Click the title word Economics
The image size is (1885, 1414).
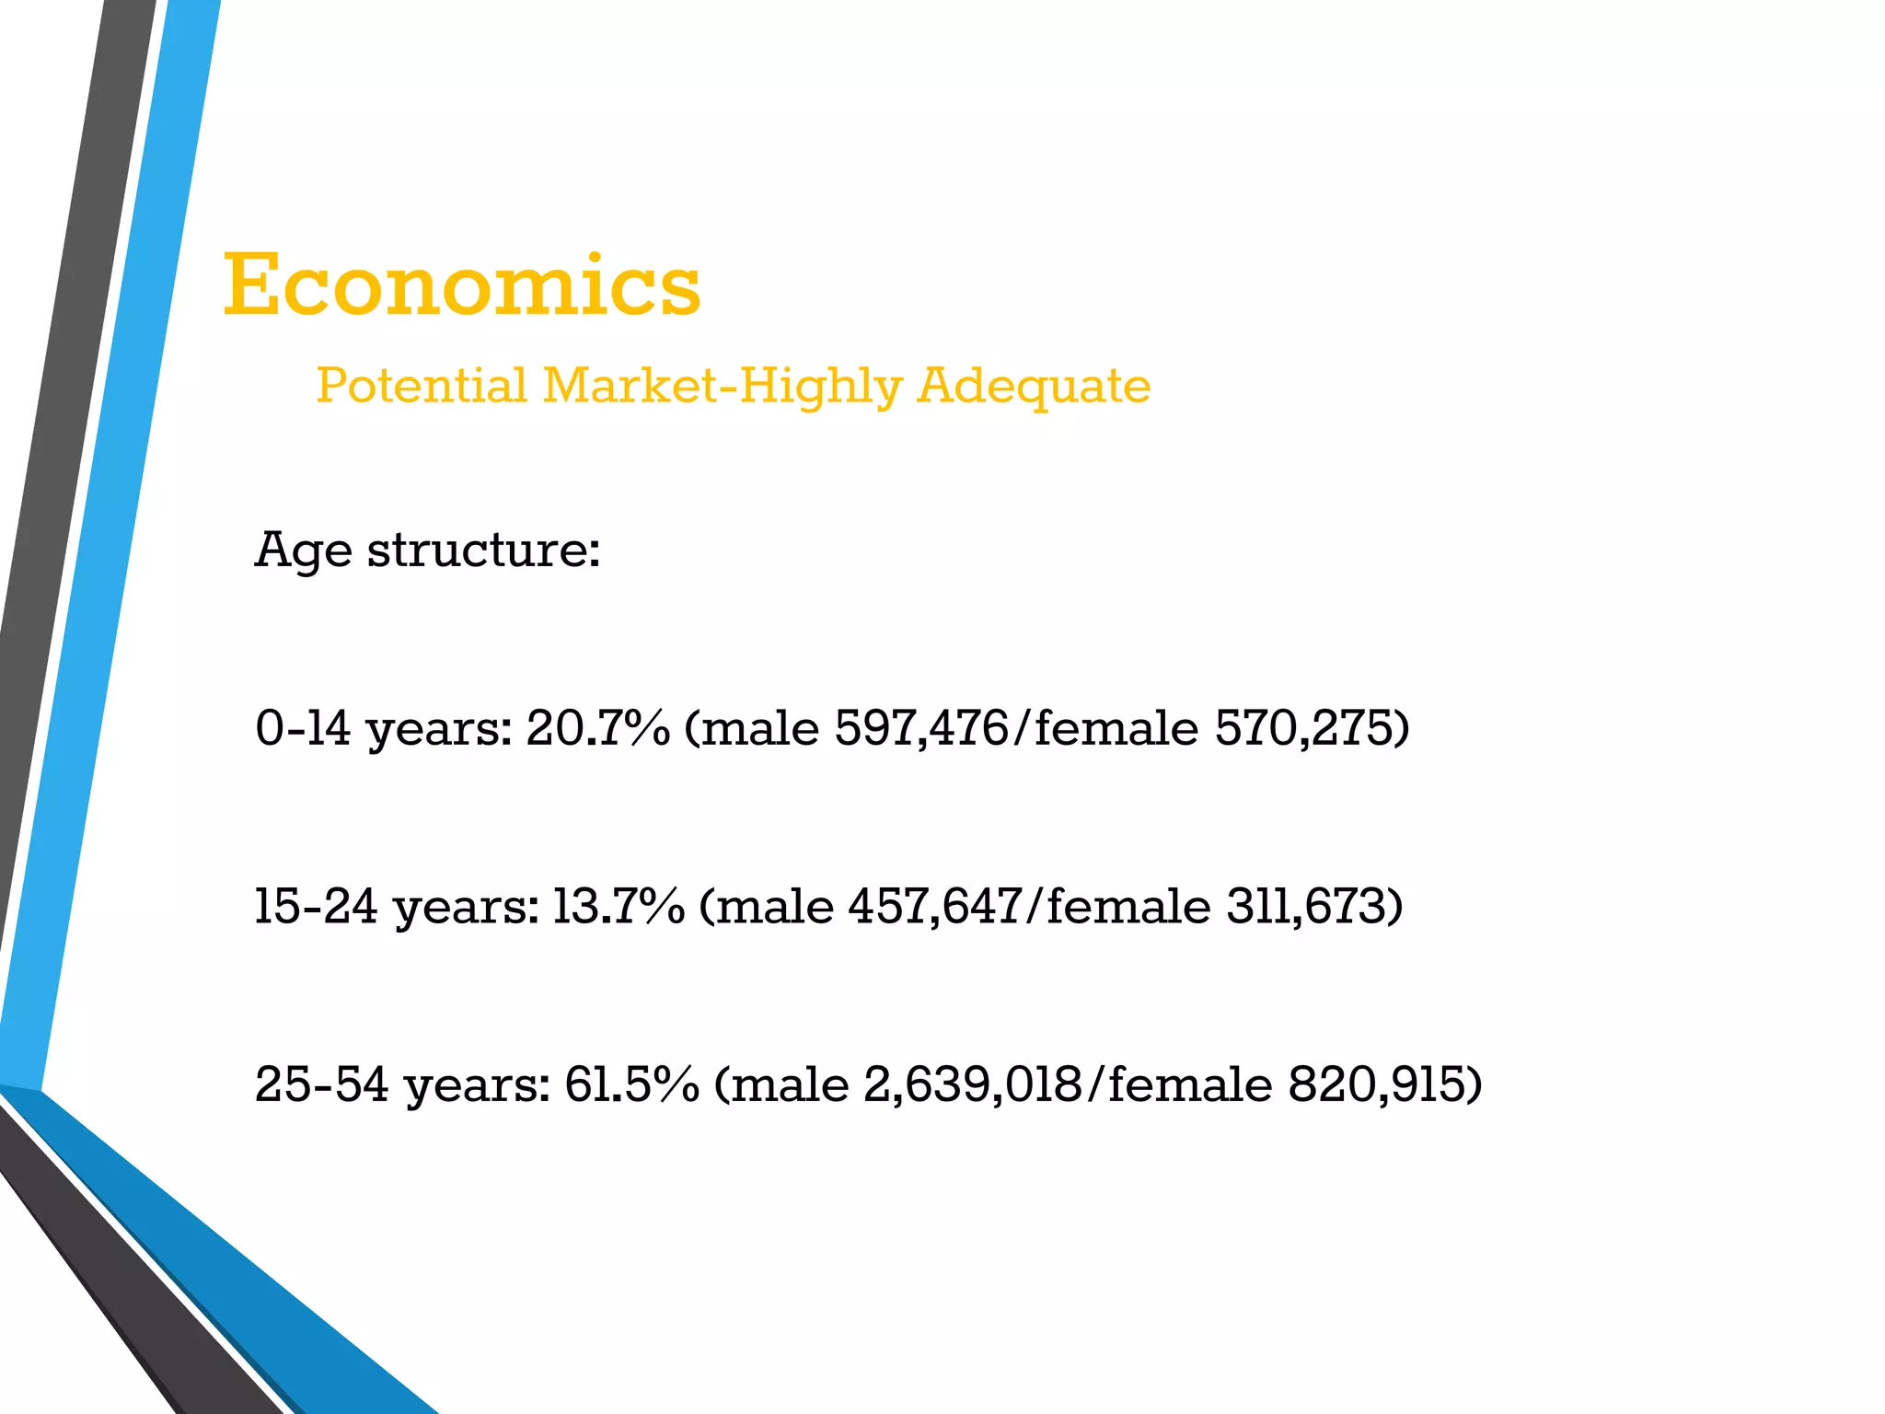click(x=462, y=285)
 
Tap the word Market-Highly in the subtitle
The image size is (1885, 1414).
click(x=723, y=387)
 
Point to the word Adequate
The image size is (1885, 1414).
click(x=1034, y=387)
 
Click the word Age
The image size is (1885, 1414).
click(x=303, y=551)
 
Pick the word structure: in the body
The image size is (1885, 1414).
click(x=484, y=550)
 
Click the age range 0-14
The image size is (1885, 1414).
click(x=303, y=728)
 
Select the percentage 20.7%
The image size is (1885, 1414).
click(x=598, y=728)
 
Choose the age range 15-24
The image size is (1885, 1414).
click(x=316, y=906)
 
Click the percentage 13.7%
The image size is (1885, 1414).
click(x=619, y=906)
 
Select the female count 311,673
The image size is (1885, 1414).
click(x=1307, y=906)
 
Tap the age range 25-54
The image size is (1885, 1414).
click(x=321, y=1084)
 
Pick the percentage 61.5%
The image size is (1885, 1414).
click(x=631, y=1084)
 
